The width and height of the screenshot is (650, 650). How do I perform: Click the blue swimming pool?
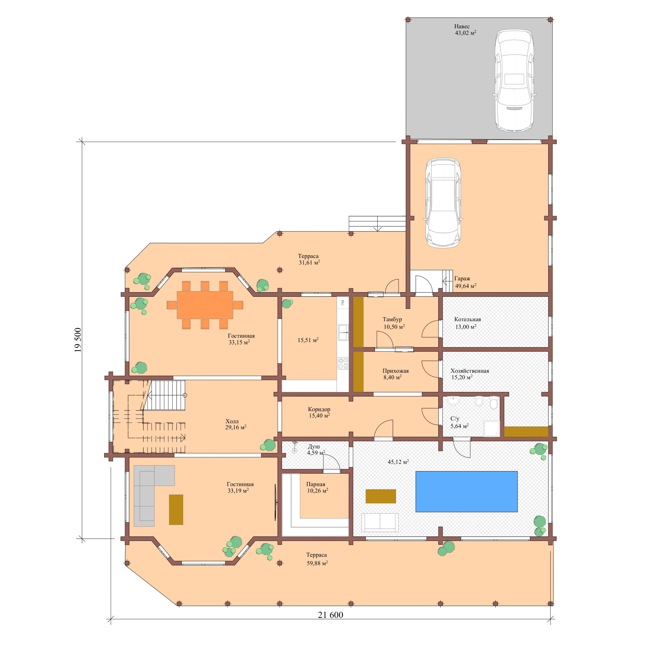(466, 491)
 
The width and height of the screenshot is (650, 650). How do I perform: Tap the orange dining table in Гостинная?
(205, 305)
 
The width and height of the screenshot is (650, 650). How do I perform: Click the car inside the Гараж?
(443, 203)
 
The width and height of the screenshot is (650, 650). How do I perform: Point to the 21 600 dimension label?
(330, 615)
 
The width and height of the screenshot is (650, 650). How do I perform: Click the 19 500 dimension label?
(78, 340)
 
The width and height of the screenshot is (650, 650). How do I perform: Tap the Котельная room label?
(467, 319)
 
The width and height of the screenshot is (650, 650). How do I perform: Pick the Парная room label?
(316, 484)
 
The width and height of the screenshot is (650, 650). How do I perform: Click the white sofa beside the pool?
(380, 523)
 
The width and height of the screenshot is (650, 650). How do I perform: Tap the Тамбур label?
(392, 319)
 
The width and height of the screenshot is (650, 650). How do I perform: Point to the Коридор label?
(319, 409)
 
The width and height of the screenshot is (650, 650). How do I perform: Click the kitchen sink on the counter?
(343, 332)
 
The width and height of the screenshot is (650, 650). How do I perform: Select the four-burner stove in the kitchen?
(343, 363)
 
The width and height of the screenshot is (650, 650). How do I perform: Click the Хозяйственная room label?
(470, 371)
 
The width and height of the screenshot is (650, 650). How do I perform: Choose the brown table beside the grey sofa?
(176, 509)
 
